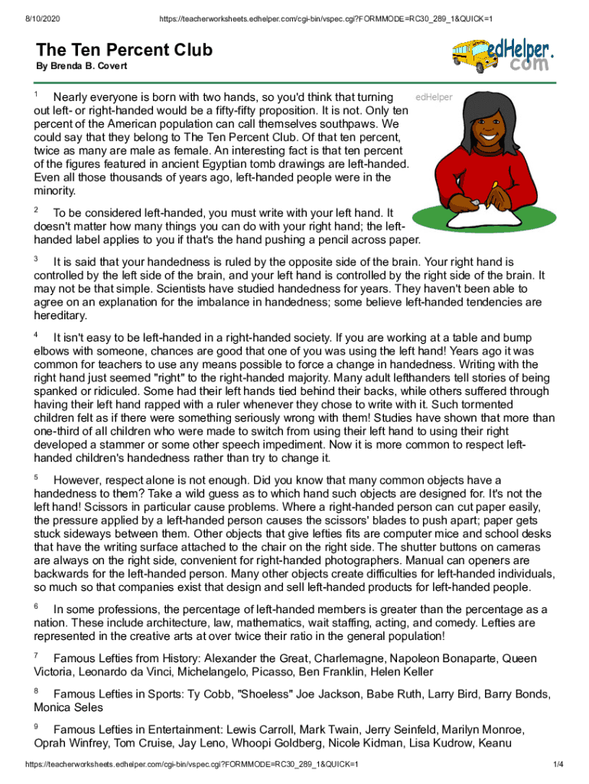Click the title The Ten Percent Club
pyautogui.click(x=124, y=51)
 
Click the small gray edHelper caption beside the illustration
pyautogui.click(x=434, y=97)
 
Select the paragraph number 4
pyautogui.click(x=37, y=335)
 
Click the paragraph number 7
pyautogui.click(x=37, y=656)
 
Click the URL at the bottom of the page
pyautogui.click(x=192, y=765)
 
